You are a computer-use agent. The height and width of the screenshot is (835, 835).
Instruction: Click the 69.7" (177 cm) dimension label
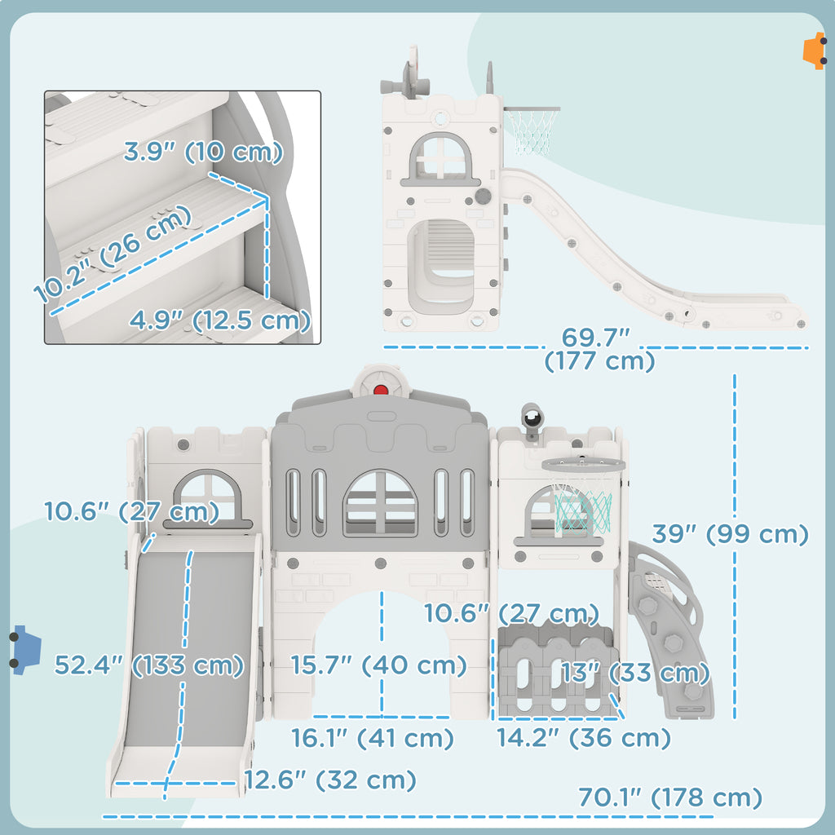(599, 349)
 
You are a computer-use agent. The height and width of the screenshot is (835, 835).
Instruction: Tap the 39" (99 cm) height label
(731, 533)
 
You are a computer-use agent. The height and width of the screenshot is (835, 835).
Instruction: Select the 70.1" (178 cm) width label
(670, 797)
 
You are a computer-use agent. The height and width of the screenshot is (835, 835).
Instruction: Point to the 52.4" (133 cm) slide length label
(149, 665)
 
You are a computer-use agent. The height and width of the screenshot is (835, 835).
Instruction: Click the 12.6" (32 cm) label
(330, 780)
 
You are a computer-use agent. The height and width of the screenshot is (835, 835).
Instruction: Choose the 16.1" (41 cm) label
(372, 738)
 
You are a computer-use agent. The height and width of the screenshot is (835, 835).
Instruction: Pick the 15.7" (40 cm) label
(378, 665)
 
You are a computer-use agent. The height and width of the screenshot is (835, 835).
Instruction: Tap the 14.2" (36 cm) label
(583, 737)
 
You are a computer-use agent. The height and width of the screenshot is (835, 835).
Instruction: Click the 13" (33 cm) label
(634, 673)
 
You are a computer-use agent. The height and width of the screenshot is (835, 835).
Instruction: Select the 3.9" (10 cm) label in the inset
(203, 152)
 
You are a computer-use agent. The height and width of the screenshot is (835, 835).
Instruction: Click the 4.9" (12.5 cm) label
(220, 320)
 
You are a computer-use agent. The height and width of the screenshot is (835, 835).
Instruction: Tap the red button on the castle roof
(381, 391)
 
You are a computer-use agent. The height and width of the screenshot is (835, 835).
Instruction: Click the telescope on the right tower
(531, 419)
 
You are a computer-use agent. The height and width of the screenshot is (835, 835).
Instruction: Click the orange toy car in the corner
(815, 51)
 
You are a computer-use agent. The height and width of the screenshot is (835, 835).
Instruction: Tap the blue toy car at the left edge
(24, 650)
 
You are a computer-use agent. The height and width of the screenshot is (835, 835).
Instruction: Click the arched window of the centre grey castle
(380, 503)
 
